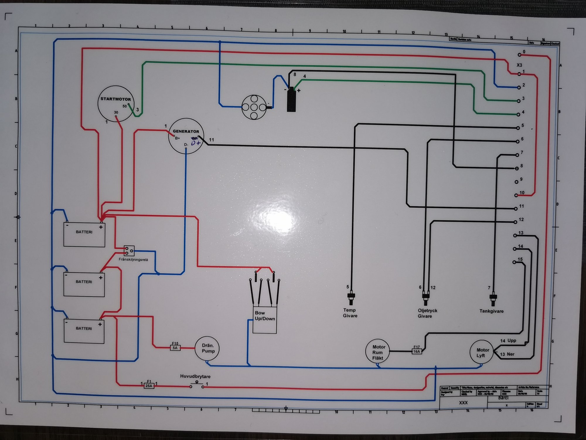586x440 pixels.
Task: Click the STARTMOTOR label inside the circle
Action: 116,99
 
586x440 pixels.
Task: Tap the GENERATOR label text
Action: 186,131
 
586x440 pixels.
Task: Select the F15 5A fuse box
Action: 175,348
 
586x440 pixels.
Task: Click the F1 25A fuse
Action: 149,386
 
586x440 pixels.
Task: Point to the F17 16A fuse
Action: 417,351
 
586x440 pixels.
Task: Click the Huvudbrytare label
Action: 195,376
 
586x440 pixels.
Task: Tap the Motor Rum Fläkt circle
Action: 377,352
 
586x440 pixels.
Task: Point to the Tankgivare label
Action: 491,311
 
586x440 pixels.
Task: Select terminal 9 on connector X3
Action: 517,182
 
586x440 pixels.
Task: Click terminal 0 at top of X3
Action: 519,55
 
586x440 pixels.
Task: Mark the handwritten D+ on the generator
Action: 196,143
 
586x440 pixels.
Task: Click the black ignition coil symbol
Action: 291,101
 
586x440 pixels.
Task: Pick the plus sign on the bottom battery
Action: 100,324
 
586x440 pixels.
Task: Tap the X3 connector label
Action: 519,65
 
